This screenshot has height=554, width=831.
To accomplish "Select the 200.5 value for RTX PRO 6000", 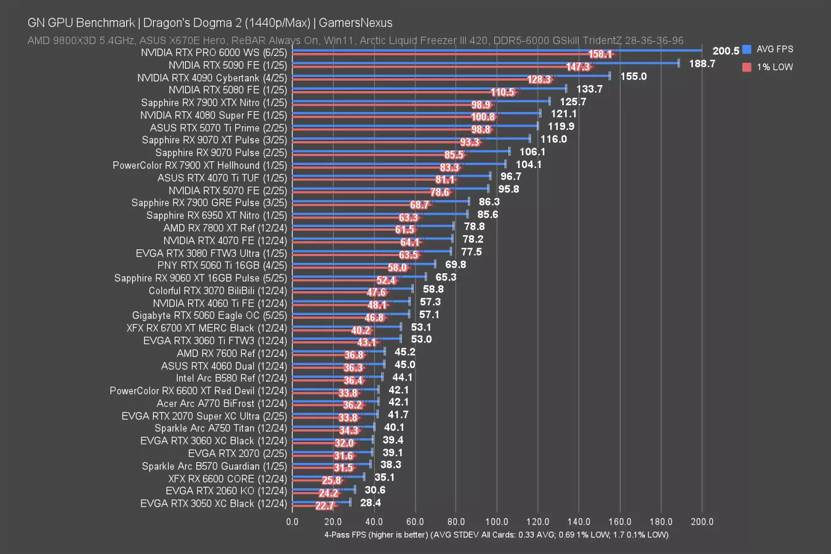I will click(x=726, y=51).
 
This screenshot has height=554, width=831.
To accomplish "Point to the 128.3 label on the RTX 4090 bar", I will click(x=539, y=79).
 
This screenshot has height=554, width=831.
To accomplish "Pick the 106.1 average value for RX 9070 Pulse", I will click(x=532, y=151).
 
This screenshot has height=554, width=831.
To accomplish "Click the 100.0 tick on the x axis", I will click(x=497, y=522).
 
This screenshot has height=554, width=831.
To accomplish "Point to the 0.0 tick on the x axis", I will click(x=292, y=522).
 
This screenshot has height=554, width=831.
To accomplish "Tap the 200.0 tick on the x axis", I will click(x=702, y=522).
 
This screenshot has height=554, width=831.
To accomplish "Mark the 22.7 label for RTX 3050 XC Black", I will click(x=324, y=506).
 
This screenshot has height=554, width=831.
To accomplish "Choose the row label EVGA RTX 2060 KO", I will click(x=226, y=491).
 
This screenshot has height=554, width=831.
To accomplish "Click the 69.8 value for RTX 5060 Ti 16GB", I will click(x=456, y=265).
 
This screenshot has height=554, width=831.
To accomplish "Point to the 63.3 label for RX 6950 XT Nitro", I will click(x=409, y=217).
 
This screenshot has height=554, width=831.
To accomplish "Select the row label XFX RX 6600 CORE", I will click(x=227, y=479).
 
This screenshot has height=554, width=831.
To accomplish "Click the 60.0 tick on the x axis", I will click(x=415, y=522).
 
